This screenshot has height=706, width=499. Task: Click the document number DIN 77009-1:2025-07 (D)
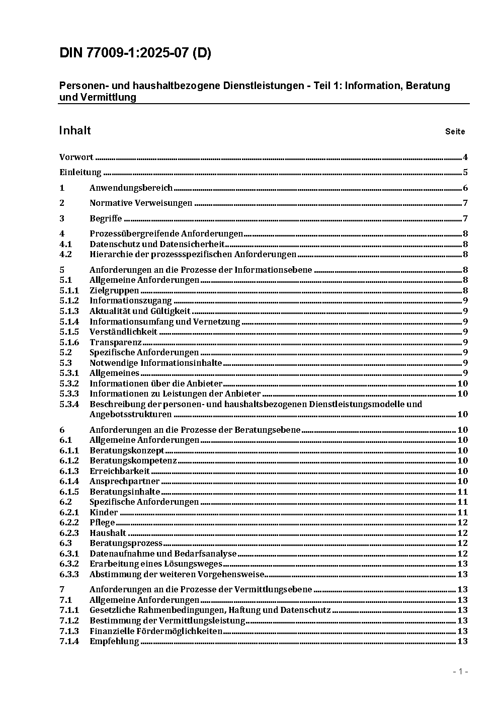click(x=135, y=53)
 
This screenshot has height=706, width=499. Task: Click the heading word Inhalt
click(x=75, y=131)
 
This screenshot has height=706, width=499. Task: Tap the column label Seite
click(x=455, y=132)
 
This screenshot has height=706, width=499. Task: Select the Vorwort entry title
click(x=76, y=157)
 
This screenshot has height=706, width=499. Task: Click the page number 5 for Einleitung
click(x=465, y=173)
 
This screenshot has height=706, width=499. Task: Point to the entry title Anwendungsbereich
click(x=131, y=188)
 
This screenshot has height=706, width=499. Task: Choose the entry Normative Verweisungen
click(x=141, y=203)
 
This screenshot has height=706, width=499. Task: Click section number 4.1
click(x=65, y=244)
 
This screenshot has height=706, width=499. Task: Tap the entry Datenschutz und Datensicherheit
click(x=157, y=244)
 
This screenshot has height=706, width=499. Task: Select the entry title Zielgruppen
click(x=114, y=290)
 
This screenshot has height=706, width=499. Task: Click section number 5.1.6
click(x=69, y=342)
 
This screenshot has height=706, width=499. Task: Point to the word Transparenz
click(x=115, y=342)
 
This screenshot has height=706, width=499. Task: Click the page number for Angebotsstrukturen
click(x=462, y=415)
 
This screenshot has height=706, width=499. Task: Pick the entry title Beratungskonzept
click(x=127, y=450)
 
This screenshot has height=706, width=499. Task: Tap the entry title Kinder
click(x=104, y=512)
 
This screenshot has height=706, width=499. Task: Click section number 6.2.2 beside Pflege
click(x=69, y=523)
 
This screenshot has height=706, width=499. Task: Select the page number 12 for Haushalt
click(x=462, y=533)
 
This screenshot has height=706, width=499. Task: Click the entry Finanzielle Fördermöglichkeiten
click(x=156, y=631)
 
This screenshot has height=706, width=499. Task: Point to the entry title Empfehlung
click(x=114, y=641)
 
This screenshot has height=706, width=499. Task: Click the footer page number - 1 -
click(x=460, y=671)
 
